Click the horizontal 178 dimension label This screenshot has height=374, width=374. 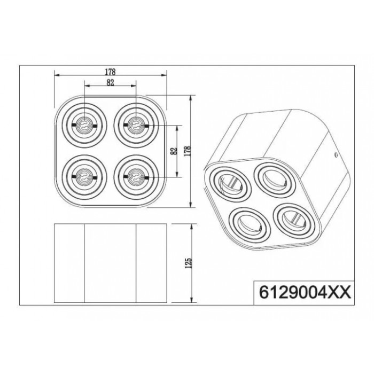pyautogui.click(x=110, y=72)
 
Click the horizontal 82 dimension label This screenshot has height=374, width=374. pyautogui.click(x=110, y=82)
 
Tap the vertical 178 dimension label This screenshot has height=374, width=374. pyautogui.click(x=188, y=151)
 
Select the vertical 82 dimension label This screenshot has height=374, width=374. pyautogui.click(x=175, y=151)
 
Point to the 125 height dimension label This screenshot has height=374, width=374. pyautogui.click(x=189, y=263)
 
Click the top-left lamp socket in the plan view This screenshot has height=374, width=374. pyautogui.click(x=84, y=125)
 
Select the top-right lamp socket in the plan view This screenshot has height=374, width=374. pyautogui.click(x=136, y=125)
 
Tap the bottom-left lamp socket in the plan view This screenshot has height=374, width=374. pyautogui.click(x=84, y=177)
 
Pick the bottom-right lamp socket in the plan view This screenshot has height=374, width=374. pyautogui.click(x=136, y=177)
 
